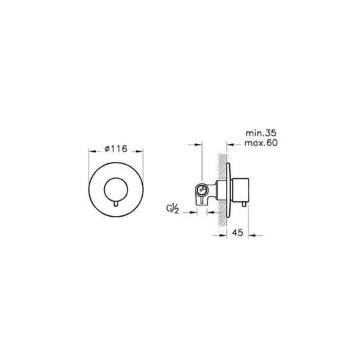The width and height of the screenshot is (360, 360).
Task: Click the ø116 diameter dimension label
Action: coord(116,149)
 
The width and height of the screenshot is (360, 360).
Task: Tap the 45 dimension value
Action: coord(237,233)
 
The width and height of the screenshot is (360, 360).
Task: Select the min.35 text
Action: coord(261,133)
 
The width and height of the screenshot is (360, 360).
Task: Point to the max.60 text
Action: coord(261,143)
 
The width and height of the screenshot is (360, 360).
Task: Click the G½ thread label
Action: coord(173,209)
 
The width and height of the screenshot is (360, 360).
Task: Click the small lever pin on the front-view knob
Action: coord(116,203)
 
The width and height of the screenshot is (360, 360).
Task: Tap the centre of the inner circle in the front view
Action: coord(116,189)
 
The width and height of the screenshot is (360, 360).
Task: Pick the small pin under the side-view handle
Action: coord(245,204)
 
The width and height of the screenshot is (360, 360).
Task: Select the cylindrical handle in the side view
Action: coord(241,190)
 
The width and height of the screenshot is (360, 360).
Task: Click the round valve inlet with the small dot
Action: coord(201,190)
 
